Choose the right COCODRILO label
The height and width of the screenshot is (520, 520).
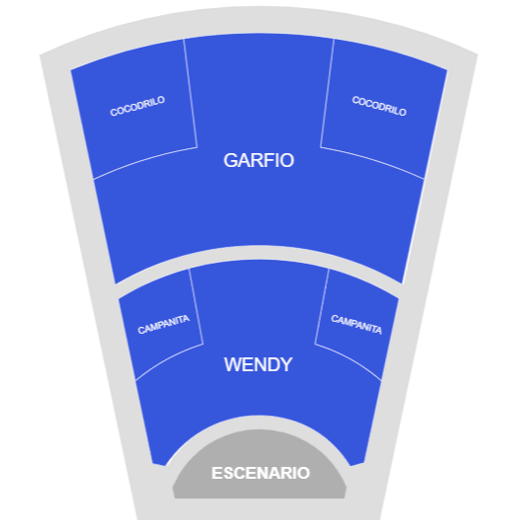click(x=379, y=106)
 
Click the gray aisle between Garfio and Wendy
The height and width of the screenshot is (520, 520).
click(x=258, y=252)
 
